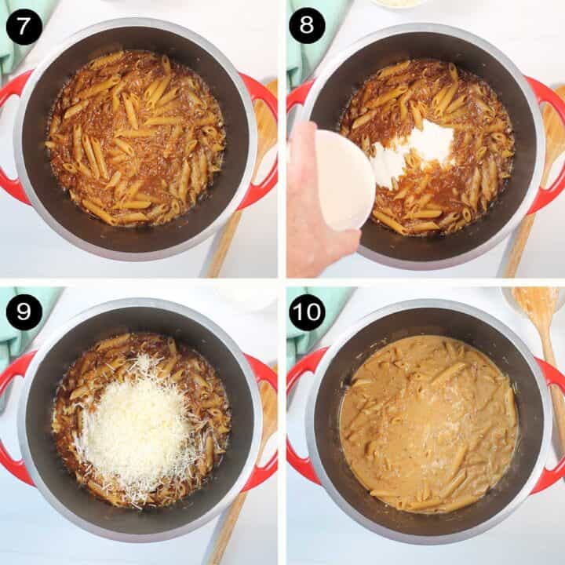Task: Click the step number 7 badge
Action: click(x=24, y=27)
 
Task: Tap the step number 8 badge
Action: click(x=307, y=27)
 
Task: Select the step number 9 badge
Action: click(x=24, y=312)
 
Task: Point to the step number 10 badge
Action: click(x=307, y=312)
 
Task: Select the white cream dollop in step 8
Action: click(x=416, y=153)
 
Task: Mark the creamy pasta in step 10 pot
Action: click(x=428, y=424)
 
